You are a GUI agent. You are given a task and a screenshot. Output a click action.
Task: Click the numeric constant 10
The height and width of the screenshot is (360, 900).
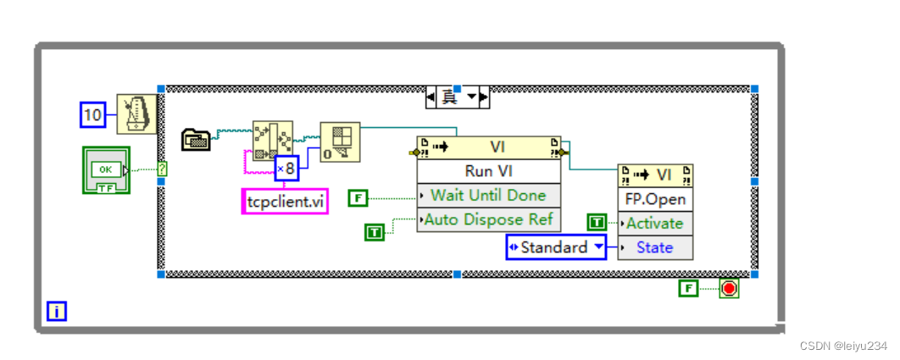[x=93, y=114]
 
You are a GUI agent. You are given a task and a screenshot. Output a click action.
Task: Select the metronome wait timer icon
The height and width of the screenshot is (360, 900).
[x=136, y=114]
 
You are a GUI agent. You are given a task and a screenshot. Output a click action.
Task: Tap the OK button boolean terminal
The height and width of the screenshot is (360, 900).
[x=106, y=169]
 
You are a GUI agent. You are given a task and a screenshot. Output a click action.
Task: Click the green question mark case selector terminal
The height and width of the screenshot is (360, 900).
[x=162, y=169]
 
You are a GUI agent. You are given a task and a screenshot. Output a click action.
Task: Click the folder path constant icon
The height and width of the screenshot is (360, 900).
[x=197, y=139]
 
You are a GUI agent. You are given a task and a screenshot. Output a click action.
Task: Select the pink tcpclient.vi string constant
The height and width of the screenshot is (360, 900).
[x=285, y=201]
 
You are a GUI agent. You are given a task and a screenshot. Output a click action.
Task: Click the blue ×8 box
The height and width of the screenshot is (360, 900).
[x=287, y=169]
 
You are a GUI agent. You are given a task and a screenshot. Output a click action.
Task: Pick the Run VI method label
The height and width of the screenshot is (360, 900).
[x=488, y=170]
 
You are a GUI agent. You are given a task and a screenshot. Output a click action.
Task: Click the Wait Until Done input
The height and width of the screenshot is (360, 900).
[x=488, y=195]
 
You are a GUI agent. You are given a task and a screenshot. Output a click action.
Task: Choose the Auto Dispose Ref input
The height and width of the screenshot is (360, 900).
[x=488, y=219]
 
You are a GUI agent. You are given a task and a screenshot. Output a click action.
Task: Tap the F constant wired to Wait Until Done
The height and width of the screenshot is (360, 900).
[x=359, y=197]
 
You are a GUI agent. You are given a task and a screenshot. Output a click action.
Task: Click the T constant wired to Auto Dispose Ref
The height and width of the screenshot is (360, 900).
[x=375, y=230]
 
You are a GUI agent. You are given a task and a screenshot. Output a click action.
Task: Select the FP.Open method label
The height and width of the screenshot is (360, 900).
[x=655, y=200]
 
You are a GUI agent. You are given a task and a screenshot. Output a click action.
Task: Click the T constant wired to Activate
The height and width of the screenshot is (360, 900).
[x=597, y=222]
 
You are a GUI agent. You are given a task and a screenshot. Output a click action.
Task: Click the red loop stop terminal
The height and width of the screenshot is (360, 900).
[x=729, y=289]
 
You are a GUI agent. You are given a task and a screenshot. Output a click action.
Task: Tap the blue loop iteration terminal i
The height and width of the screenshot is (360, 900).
[x=57, y=312]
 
